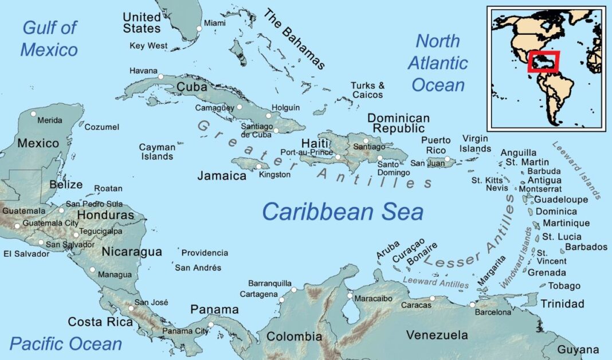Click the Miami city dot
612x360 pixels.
point(199,28)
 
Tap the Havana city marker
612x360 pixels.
point(161,77)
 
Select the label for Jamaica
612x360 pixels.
point(222,175)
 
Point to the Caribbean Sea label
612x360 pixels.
point(343,212)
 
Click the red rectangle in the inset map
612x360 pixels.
point(543,62)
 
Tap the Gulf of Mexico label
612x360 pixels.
point(49,38)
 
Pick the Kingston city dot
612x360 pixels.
point(259,166)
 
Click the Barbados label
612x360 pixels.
point(586,247)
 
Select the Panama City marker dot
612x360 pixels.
point(210,325)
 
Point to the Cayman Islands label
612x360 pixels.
point(157,152)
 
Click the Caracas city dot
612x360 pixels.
point(433,298)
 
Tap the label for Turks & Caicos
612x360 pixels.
point(368,90)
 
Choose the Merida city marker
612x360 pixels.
point(33,113)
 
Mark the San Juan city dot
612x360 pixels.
point(447,159)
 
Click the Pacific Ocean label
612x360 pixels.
point(66,344)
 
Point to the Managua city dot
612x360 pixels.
point(92,269)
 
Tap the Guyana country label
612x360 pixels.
point(579,349)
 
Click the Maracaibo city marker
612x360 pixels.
point(350,296)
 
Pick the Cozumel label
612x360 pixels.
point(102,127)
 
